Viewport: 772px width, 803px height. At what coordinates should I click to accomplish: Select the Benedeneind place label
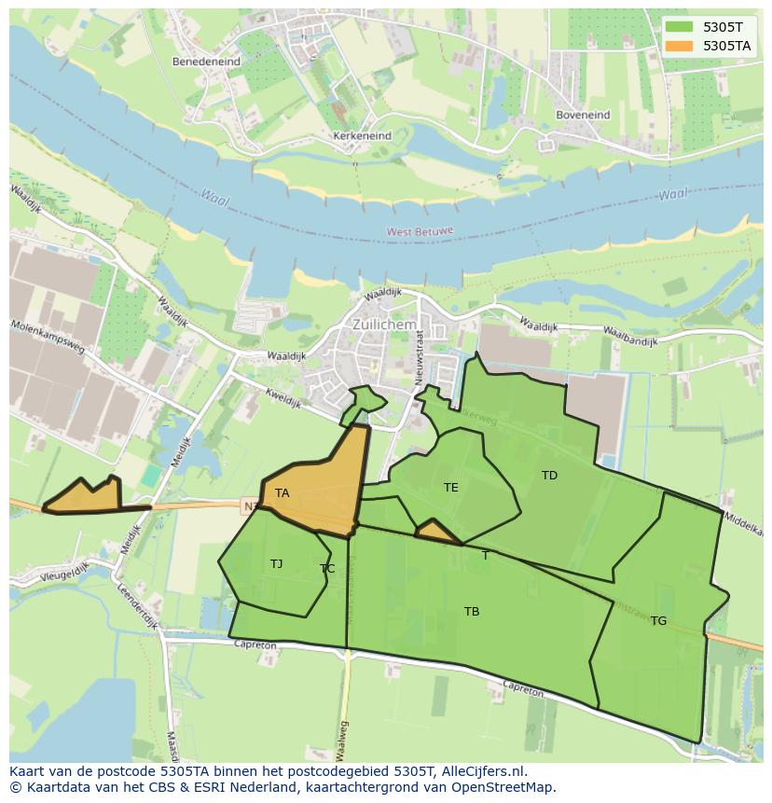click(206, 62)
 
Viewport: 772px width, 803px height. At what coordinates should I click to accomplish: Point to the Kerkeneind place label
click(362, 135)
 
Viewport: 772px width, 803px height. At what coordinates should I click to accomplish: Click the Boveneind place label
click(583, 115)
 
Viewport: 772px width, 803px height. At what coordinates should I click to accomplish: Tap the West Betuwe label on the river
click(420, 230)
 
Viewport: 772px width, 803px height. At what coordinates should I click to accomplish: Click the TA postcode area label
click(282, 492)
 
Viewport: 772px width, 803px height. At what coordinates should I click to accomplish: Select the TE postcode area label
click(451, 487)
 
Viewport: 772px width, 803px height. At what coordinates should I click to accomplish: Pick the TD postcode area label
click(549, 476)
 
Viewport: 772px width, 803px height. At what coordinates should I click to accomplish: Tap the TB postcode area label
click(472, 612)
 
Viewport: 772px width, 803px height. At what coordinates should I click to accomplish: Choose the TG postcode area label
click(658, 620)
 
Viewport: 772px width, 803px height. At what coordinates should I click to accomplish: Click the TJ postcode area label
click(276, 563)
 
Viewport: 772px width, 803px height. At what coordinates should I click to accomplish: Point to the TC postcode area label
click(327, 569)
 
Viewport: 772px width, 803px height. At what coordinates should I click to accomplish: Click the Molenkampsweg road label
click(48, 338)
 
